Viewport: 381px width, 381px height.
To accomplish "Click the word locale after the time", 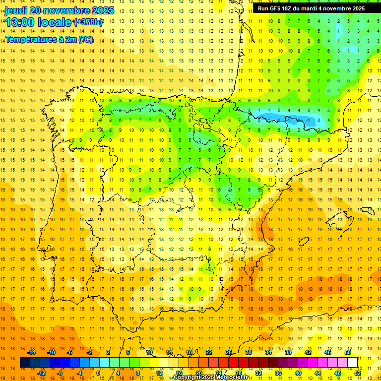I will (x=56, y=22).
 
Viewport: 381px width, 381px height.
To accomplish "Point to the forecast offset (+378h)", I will (x=88, y=22).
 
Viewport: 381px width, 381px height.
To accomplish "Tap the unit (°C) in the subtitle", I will (x=85, y=39).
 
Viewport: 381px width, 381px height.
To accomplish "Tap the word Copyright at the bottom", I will (x=187, y=378).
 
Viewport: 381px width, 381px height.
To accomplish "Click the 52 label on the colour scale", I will (x=358, y=373).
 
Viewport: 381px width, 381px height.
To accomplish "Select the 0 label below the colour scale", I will (x=98, y=373).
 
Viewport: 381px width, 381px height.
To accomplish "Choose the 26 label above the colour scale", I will (x=229, y=352).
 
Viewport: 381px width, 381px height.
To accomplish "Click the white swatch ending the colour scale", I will (x=353, y=363).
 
